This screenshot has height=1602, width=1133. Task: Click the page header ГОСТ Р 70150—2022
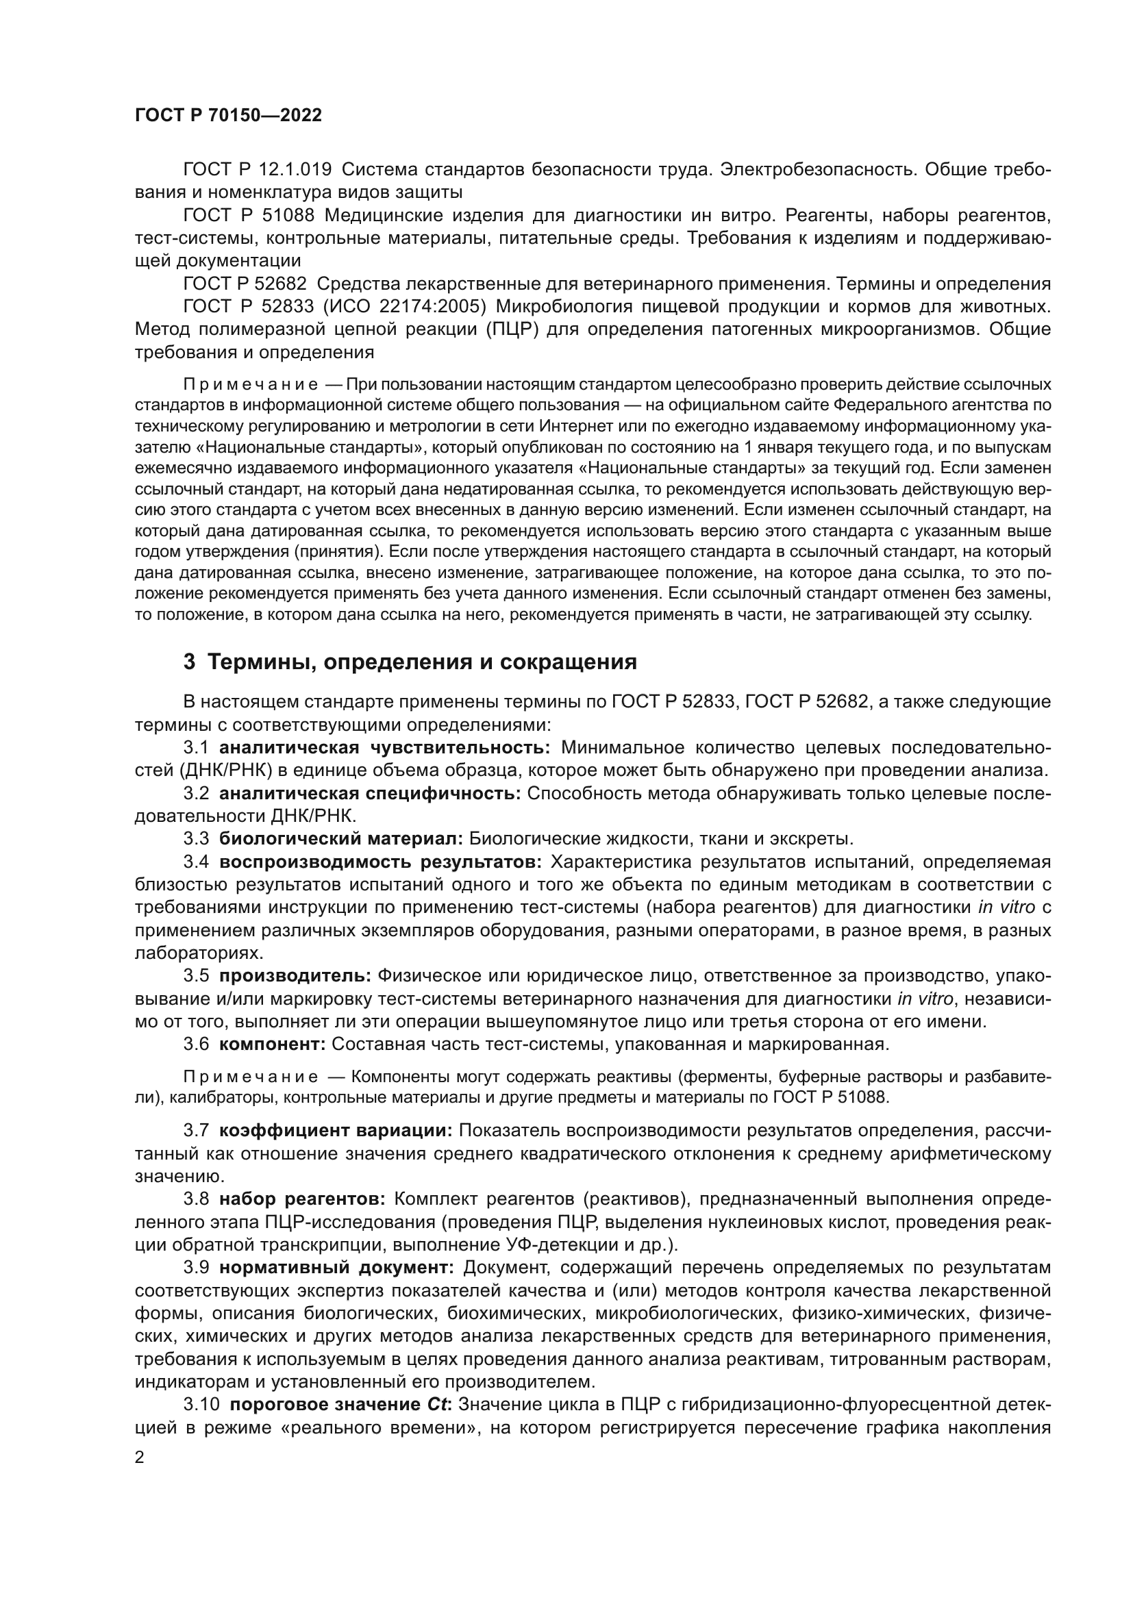click(x=228, y=116)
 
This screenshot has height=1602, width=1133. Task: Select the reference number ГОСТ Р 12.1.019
click(x=258, y=170)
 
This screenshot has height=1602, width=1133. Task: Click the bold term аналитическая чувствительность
click(x=385, y=747)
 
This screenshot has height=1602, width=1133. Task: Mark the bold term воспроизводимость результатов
click(x=380, y=862)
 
